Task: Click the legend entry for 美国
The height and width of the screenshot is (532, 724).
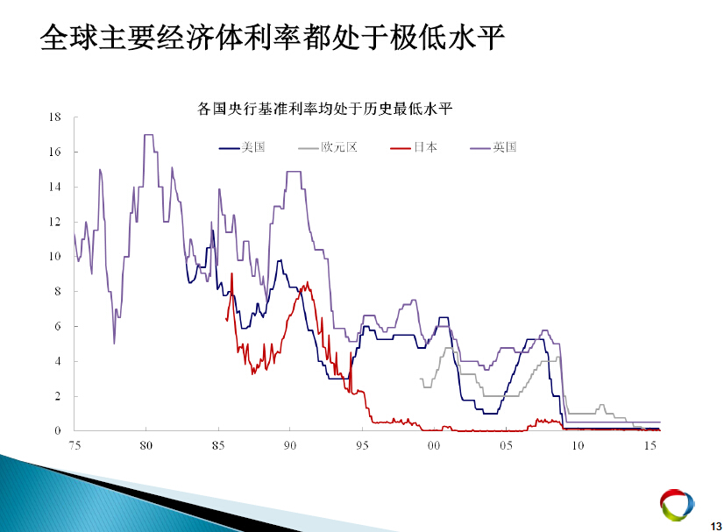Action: (x=242, y=147)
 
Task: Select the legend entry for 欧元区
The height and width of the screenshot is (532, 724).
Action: (x=328, y=147)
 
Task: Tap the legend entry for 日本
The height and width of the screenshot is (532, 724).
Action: (x=414, y=147)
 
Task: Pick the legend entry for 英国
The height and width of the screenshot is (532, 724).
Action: (x=493, y=147)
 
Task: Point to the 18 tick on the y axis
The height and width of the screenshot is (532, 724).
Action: (x=55, y=117)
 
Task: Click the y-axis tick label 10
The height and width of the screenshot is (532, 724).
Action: (x=55, y=256)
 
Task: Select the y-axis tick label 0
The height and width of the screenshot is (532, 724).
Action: (x=58, y=431)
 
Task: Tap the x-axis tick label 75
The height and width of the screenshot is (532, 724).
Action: (x=75, y=445)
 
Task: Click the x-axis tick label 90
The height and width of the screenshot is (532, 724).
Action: (x=290, y=445)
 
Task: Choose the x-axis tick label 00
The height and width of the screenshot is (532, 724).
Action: (x=434, y=445)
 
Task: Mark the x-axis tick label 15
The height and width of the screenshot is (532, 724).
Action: (x=650, y=445)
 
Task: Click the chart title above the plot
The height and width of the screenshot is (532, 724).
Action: (x=325, y=109)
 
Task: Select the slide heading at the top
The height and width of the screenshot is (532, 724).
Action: (x=273, y=38)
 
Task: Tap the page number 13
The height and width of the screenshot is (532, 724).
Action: (x=716, y=526)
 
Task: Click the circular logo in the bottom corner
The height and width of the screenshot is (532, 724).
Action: (x=678, y=505)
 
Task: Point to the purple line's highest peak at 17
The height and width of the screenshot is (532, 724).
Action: (x=149, y=135)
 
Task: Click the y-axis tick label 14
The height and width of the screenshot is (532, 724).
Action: (x=55, y=187)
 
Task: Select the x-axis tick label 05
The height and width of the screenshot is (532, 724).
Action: (x=506, y=445)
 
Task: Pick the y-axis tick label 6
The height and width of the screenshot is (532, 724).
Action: (x=58, y=326)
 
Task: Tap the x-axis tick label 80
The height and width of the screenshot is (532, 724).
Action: (x=146, y=445)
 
